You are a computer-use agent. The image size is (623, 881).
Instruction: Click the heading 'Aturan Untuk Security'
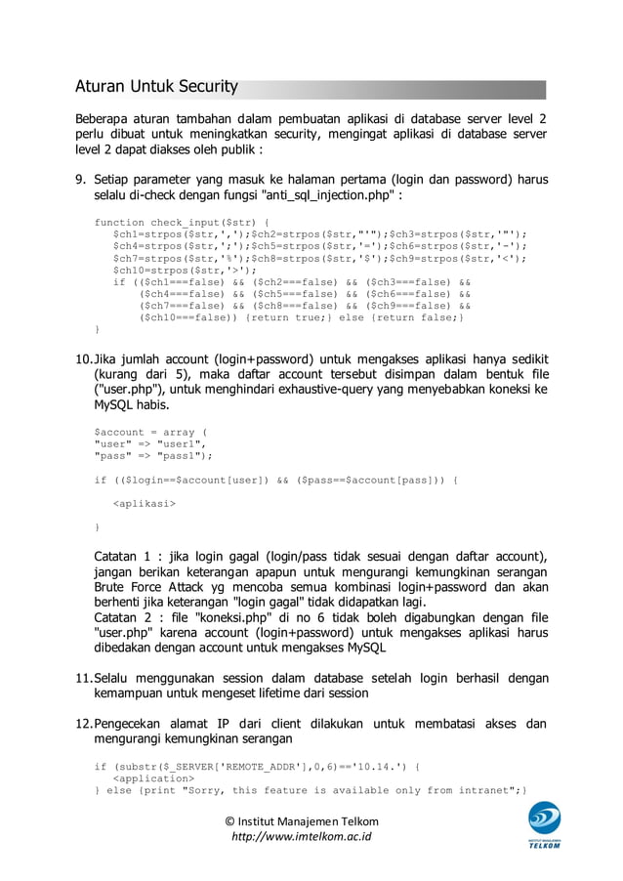tap(156, 88)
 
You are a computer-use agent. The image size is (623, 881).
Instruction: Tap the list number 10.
tap(83, 358)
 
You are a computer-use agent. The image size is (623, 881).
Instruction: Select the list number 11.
tap(83, 678)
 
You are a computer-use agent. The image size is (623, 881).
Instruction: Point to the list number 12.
tap(83, 725)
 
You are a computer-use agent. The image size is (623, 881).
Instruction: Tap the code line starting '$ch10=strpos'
tap(186, 271)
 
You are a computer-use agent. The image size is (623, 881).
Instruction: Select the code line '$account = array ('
tap(150, 431)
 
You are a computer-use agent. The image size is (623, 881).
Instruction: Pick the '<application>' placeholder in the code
tap(154, 778)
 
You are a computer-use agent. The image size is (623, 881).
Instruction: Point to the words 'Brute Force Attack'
tap(146, 587)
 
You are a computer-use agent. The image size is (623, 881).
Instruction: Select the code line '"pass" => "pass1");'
tap(152, 455)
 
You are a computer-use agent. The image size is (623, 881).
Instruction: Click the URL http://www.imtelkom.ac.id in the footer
tap(301, 837)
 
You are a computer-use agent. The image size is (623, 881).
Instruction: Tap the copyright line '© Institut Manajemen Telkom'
tap(301, 820)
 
